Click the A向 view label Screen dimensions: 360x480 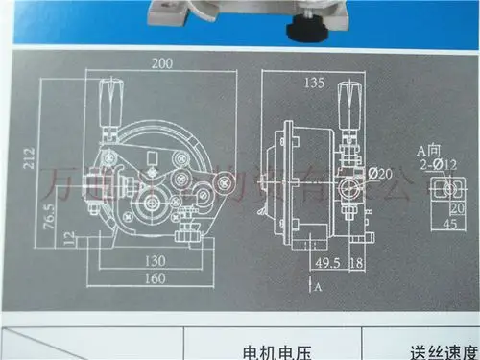click(428, 151)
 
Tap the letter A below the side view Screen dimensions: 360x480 click(318, 287)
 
